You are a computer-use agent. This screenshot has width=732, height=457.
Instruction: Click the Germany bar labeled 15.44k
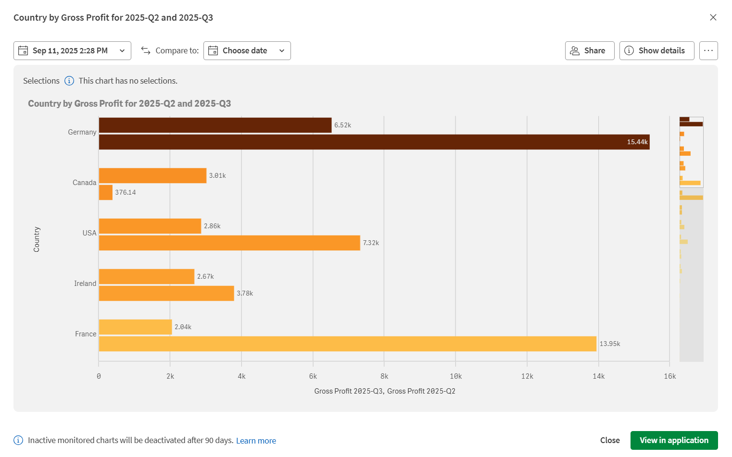point(374,142)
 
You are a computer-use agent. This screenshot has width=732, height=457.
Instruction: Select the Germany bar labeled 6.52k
point(215,125)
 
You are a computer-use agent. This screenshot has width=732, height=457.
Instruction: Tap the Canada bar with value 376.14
point(106,193)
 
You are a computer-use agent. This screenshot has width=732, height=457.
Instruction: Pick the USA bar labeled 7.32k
point(229,243)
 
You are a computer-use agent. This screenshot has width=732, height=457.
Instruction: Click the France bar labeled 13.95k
point(347,344)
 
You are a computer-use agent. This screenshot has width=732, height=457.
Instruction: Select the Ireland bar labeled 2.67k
point(147,277)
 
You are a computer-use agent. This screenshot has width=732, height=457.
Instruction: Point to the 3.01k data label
point(217,176)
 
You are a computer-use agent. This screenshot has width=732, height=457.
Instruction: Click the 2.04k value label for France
point(183,327)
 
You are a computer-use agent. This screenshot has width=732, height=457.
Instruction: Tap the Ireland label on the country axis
point(85,284)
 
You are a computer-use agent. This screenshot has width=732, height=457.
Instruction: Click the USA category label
point(89,233)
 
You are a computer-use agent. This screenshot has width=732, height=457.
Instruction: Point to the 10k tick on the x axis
point(455,376)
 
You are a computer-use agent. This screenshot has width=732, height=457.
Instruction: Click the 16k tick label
point(669,376)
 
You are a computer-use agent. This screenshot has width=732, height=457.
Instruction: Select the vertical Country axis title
point(37,239)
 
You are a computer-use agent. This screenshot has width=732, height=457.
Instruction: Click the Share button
point(589,50)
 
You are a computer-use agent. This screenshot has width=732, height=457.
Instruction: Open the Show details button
point(656,50)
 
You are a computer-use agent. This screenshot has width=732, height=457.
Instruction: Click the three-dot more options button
point(708,50)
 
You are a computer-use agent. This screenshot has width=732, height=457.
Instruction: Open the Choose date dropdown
point(247,50)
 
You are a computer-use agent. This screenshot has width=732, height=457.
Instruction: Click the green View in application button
point(674,440)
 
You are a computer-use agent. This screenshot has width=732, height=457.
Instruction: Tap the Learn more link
point(256,441)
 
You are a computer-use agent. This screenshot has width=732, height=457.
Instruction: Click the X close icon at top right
point(713,17)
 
